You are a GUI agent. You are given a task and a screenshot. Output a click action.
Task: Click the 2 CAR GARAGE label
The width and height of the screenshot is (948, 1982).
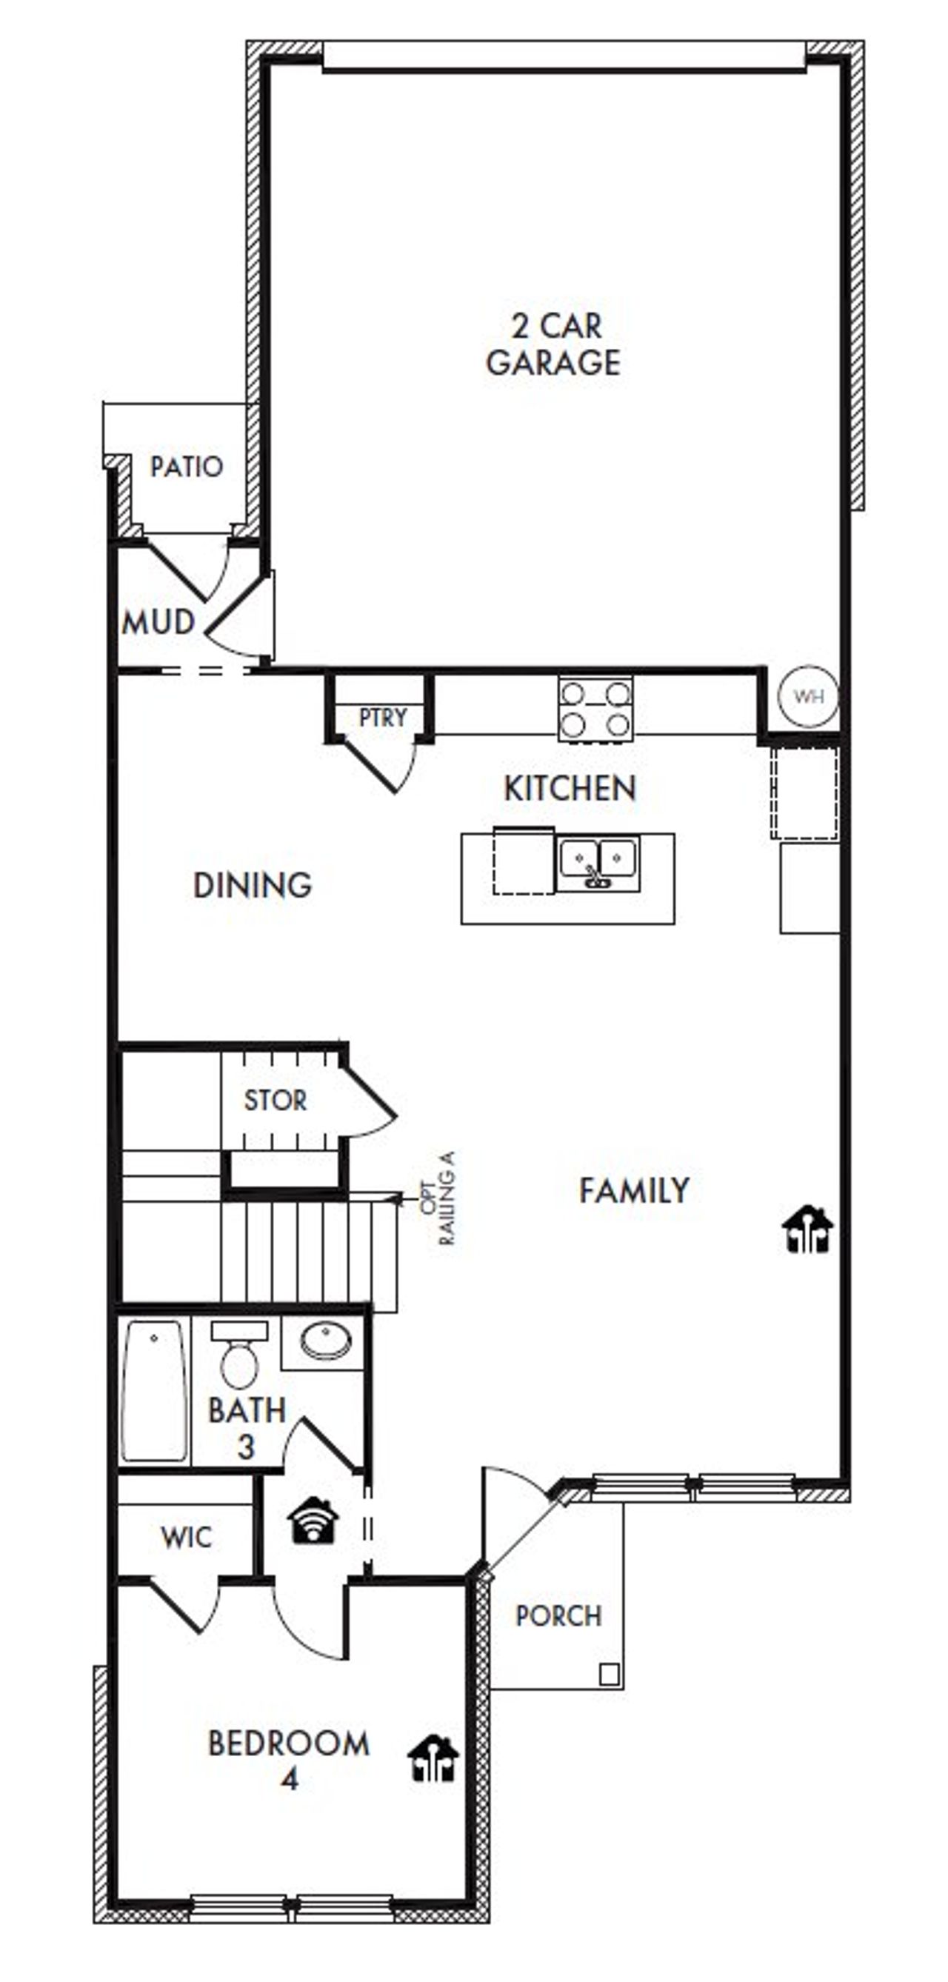(x=553, y=344)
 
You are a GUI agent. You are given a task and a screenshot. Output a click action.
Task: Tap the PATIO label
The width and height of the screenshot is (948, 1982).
(x=186, y=467)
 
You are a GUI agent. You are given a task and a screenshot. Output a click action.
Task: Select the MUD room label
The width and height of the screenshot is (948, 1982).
(x=158, y=621)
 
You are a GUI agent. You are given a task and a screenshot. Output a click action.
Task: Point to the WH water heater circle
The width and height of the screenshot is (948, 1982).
(x=808, y=695)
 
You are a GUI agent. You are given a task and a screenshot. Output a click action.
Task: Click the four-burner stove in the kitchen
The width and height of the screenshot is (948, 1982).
(x=595, y=710)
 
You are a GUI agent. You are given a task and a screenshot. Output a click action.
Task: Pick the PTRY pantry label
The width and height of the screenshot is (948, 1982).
(x=382, y=717)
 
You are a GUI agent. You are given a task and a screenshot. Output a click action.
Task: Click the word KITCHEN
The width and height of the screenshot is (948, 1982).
(x=570, y=788)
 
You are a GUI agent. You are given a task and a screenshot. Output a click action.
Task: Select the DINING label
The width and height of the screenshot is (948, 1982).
(x=253, y=885)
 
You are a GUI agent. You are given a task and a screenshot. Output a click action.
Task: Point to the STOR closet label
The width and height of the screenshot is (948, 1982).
(x=276, y=1101)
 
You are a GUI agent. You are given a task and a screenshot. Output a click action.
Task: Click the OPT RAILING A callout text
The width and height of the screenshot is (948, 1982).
(x=438, y=1198)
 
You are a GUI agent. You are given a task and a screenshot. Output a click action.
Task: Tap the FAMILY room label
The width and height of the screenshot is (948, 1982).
(x=634, y=1190)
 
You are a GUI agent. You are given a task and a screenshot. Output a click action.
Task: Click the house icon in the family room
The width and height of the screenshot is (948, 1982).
(x=808, y=1229)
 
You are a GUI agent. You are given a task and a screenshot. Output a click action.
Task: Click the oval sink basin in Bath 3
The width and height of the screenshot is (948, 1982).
(x=325, y=1341)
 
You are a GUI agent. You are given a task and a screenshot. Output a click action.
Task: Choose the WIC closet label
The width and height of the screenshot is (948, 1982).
(x=186, y=1538)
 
